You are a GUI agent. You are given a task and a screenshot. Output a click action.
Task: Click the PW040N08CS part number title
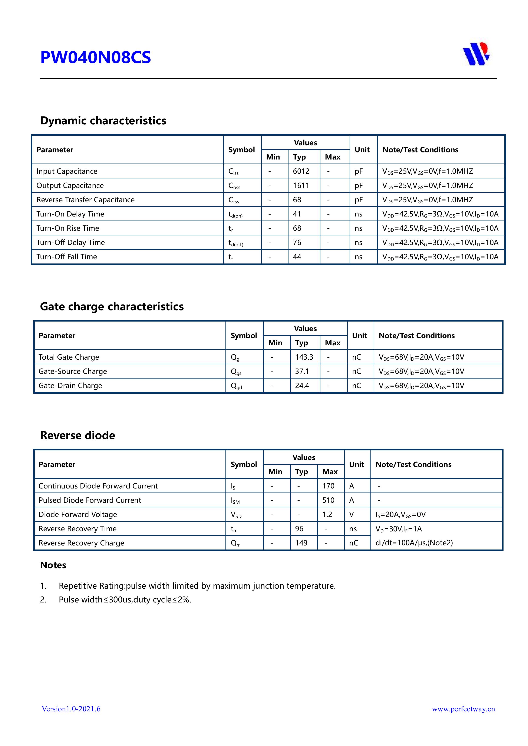tap(95, 57)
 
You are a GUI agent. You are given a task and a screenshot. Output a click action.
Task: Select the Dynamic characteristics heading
tap(103, 121)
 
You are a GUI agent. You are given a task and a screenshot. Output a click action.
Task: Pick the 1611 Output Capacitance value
tap(301, 185)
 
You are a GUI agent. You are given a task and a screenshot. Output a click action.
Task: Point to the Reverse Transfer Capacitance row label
tap(85, 200)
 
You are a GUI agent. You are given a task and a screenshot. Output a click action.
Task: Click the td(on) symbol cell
tap(235, 214)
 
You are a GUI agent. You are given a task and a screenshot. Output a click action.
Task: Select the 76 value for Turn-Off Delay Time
tap(297, 242)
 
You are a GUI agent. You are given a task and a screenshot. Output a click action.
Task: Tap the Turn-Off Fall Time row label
tap(66, 257)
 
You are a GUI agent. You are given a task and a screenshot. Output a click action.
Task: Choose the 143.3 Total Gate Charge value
tap(304, 357)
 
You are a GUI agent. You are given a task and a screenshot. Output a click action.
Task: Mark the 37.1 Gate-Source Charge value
tap(301, 371)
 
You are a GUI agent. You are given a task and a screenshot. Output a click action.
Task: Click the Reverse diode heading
tap(77, 435)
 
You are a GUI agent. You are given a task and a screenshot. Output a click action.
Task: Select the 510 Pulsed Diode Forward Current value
tap(328, 500)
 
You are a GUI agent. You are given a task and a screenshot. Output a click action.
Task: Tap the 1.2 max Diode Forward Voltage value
tap(327, 514)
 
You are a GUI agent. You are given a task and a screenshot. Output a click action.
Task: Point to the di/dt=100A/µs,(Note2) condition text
tap(414, 543)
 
